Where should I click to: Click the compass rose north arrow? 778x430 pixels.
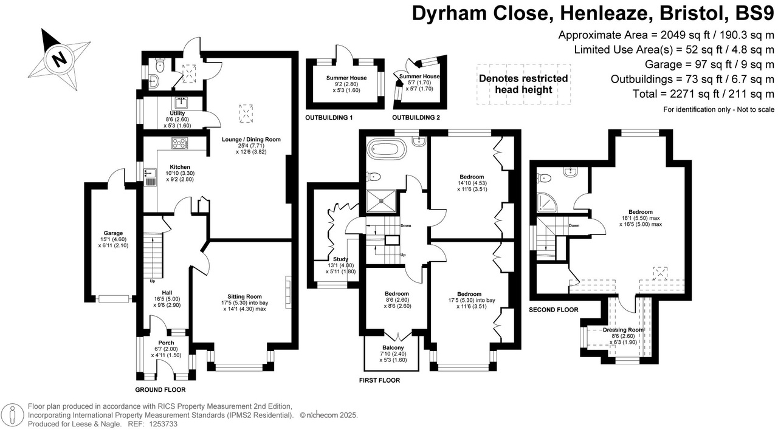[x=58, y=58]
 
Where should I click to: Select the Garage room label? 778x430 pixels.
[x=113, y=233]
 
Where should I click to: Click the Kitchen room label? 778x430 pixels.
[x=180, y=167]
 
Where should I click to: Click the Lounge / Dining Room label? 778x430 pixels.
[x=251, y=139]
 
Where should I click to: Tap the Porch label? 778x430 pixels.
[x=166, y=343]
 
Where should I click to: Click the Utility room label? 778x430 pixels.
[x=177, y=113]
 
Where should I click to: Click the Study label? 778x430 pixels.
[x=340, y=259]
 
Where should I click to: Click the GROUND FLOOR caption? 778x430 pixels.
[x=160, y=390]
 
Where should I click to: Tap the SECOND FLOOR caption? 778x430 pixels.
[x=554, y=310]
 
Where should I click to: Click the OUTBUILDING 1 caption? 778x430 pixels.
[x=329, y=117]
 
